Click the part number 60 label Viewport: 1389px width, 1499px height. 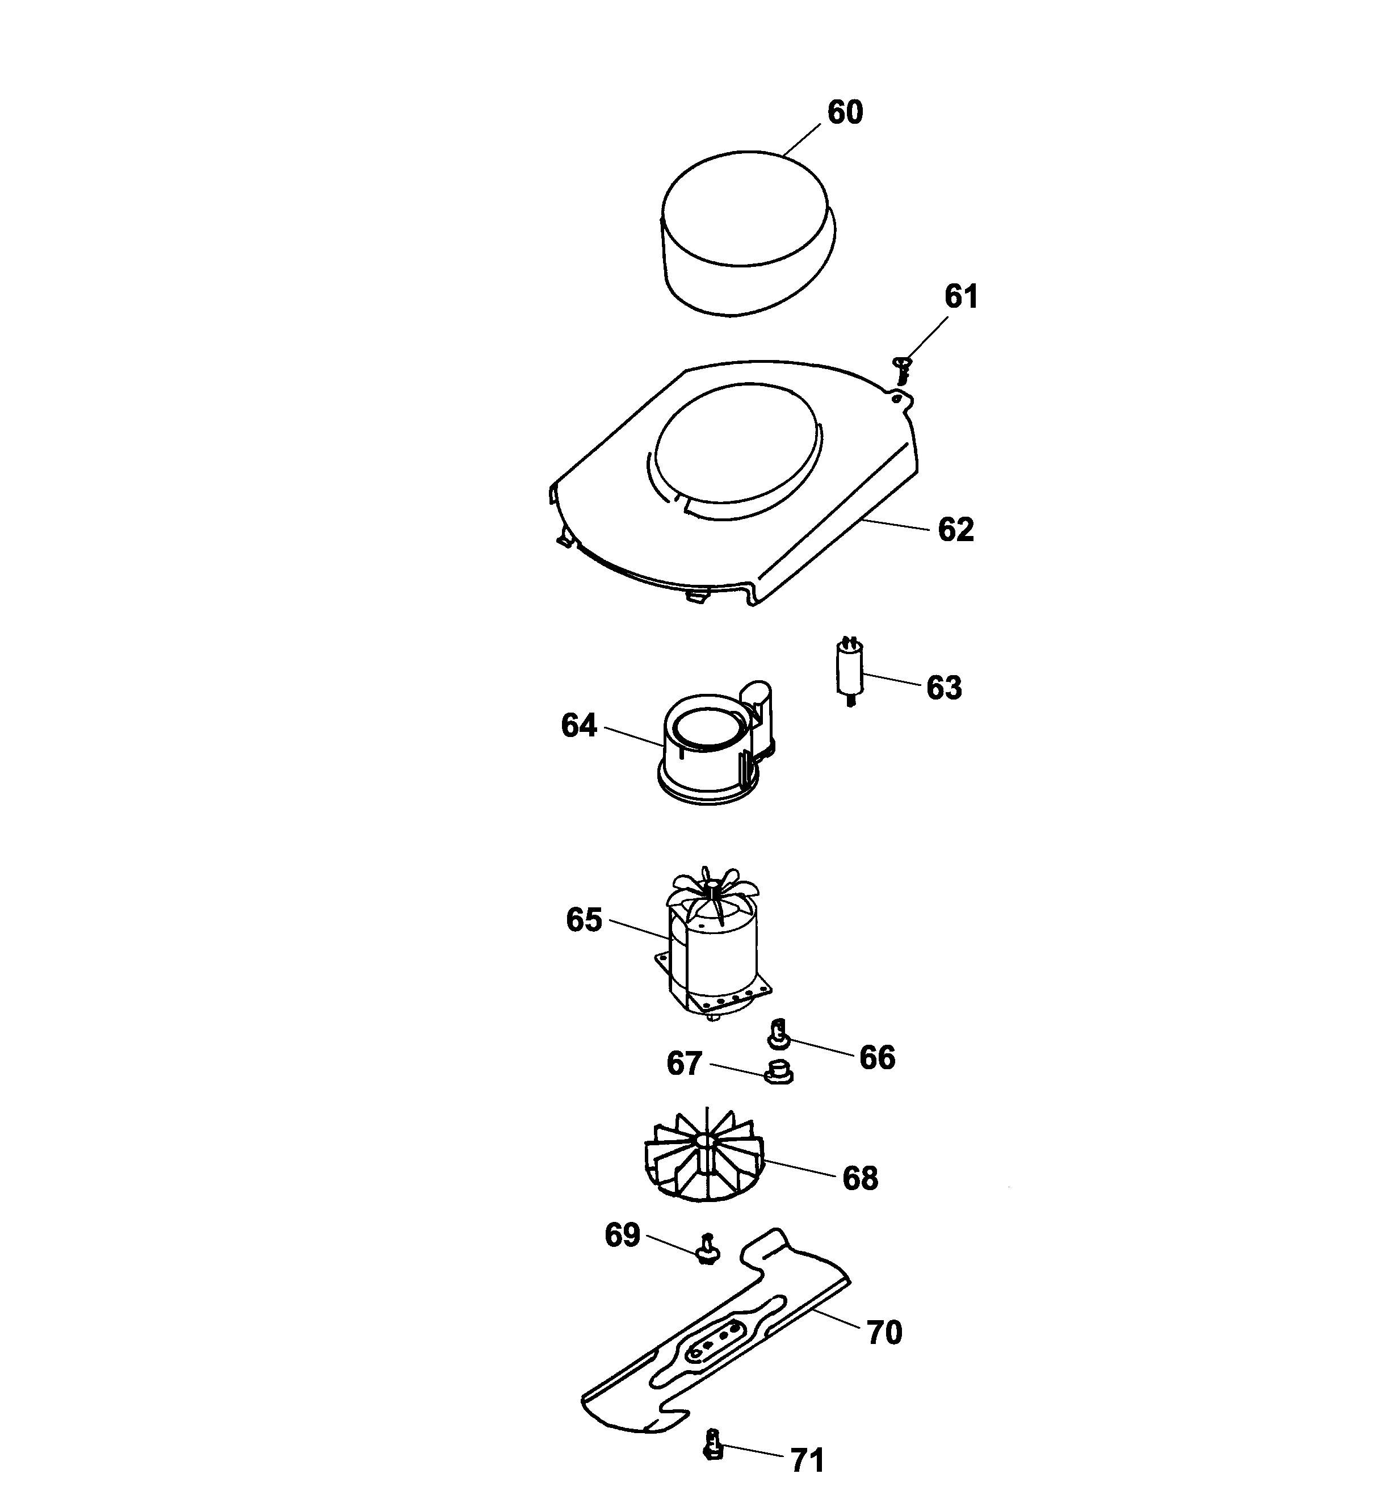pos(845,113)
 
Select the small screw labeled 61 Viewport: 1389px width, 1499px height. pos(903,369)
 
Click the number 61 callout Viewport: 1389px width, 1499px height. pos(960,297)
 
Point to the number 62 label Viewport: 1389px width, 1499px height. pos(955,530)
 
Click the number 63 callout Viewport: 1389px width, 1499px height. pos(943,688)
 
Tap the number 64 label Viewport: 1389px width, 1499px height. pos(579,726)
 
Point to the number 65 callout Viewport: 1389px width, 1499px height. pos(584,920)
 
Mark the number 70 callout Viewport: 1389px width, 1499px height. pos(884,1333)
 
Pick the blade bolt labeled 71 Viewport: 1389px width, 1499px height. pos(714,1445)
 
